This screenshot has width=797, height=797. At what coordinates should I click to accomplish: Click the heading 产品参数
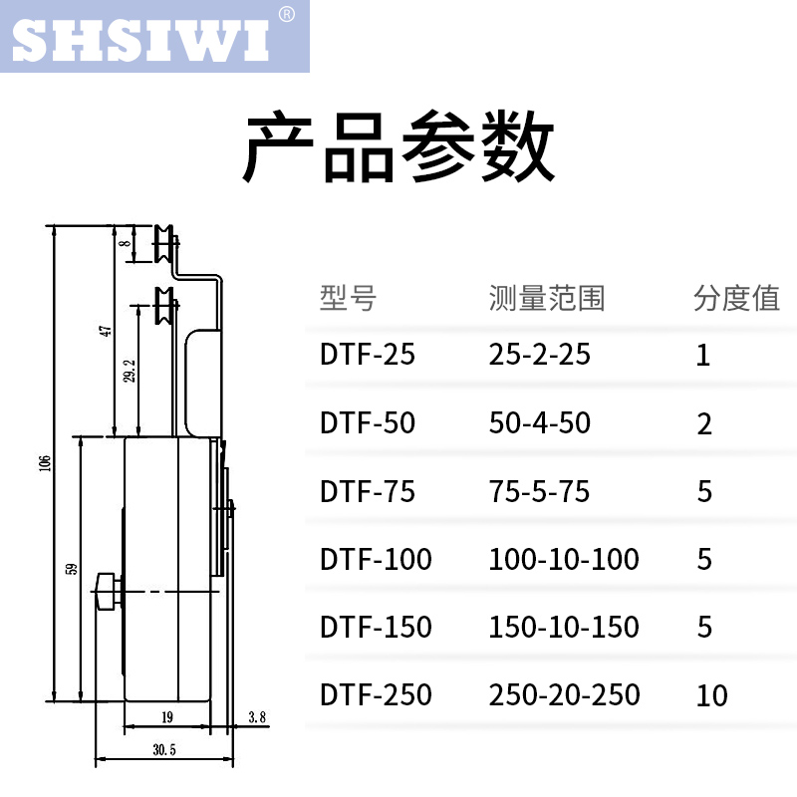(x=399, y=148)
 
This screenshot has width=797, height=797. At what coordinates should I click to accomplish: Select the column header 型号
(x=348, y=298)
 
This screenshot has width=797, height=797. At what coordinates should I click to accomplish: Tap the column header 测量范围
(x=547, y=298)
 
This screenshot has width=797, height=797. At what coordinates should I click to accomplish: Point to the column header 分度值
(x=736, y=298)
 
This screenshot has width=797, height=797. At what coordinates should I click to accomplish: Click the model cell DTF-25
(x=367, y=355)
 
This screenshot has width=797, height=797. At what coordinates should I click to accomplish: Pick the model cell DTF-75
(x=367, y=491)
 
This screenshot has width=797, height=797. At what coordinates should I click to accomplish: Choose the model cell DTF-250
(x=376, y=694)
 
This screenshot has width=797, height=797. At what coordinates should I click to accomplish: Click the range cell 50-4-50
(x=539, y=423)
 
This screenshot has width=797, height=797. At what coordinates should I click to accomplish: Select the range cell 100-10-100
(x=564, y=559)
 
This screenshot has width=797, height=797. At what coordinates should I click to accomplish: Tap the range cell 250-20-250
(x=564, y=694)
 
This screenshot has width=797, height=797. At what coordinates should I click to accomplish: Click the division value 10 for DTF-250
(x=712, y=695)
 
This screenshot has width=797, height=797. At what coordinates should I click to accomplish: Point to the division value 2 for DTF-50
(x=704, y=424)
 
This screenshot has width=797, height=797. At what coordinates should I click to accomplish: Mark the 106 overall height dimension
(x=45, y=466)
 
